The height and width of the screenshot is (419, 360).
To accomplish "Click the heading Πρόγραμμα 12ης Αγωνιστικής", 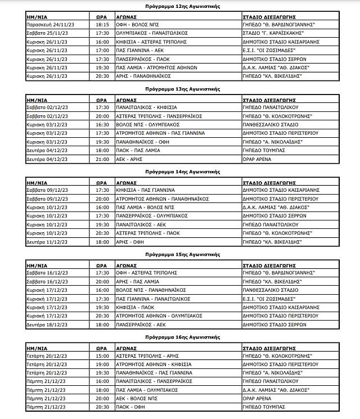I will pyautogui.click(x=179, y=6).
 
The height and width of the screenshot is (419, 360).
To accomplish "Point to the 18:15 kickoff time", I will pyautogui.click(x=102, y=25).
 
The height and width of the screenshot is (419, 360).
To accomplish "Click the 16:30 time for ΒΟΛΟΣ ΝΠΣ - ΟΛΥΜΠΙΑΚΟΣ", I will pyautogui.click(x=102, y=124).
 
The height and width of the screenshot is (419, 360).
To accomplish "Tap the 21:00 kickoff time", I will pyautogui.click(x=102, y=159).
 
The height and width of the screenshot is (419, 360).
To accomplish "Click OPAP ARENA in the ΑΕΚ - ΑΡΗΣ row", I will pyautogui.click(x=256, y=159).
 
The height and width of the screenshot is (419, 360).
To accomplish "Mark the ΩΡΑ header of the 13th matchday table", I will pyautogui.click(x=99, y=98).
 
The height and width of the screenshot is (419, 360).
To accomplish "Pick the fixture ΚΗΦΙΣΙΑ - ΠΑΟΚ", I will pyautogui.click(x=126, y=308).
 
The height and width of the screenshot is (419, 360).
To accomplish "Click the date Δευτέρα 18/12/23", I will pyautogui.click(x=46, y=325).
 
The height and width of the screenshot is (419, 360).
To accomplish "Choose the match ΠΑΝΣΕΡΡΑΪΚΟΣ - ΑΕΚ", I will pyautogui.click(x=133, y=325).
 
